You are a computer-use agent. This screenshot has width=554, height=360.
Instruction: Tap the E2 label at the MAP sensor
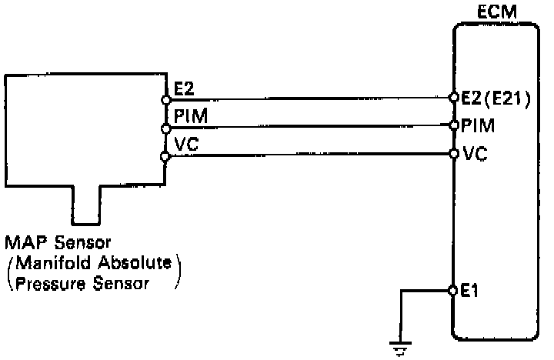tap(184, 90)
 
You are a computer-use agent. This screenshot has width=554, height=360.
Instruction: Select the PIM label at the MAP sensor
tap(189, 116)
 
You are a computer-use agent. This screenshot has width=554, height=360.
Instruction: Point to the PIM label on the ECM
tap(478, 124)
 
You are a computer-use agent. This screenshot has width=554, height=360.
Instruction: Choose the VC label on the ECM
tap(474, 154)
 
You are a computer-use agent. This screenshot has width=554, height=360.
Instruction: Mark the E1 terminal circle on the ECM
tap(454, 291)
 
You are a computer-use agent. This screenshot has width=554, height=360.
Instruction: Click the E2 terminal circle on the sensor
tap(165, 99)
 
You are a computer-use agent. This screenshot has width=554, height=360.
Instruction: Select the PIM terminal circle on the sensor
tap(165, 128)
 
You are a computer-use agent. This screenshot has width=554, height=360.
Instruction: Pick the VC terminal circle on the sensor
tap(165, 156)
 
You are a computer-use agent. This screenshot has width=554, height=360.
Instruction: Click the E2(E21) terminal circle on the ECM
tap(454, 98)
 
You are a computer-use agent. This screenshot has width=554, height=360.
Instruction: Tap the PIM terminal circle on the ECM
tap(454, 125)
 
